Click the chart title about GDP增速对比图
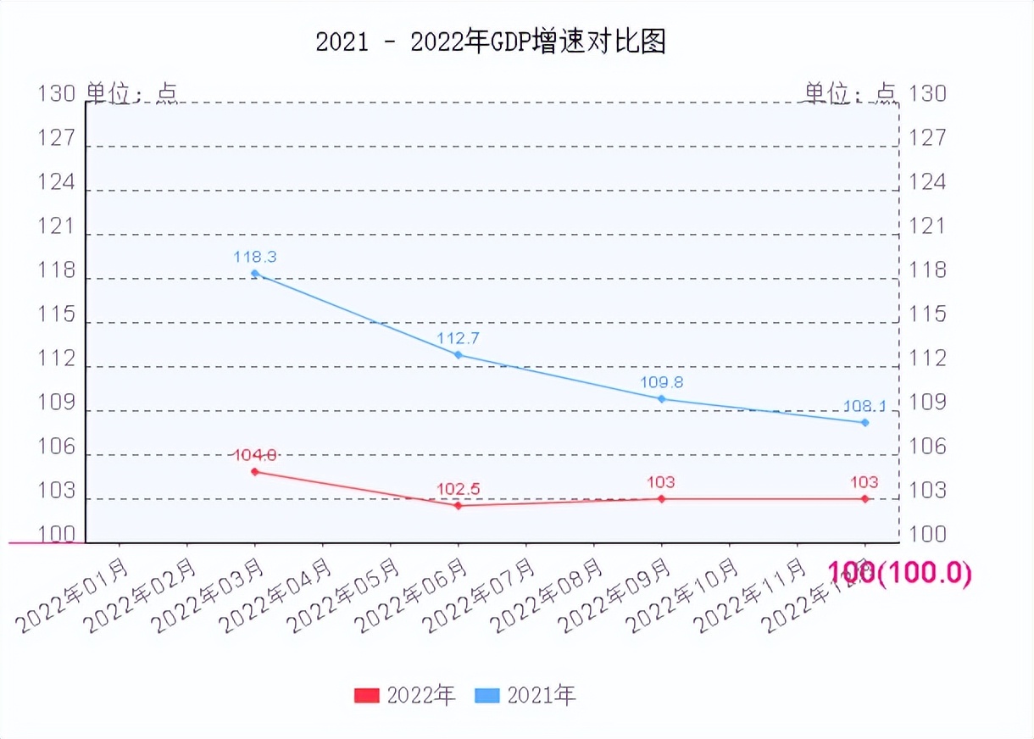491,42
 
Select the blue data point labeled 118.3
255,273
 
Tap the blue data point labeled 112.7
459,354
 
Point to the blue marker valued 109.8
662,398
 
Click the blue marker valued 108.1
865,422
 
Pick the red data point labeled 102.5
459,505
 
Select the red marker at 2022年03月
255,471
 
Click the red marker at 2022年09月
662,498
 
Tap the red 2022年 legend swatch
366,696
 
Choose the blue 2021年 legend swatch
486,696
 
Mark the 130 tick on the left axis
57,93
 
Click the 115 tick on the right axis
927,314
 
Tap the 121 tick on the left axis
57,226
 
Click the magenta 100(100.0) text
898,573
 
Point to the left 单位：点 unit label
132,93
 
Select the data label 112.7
458,338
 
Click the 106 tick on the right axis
927,447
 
